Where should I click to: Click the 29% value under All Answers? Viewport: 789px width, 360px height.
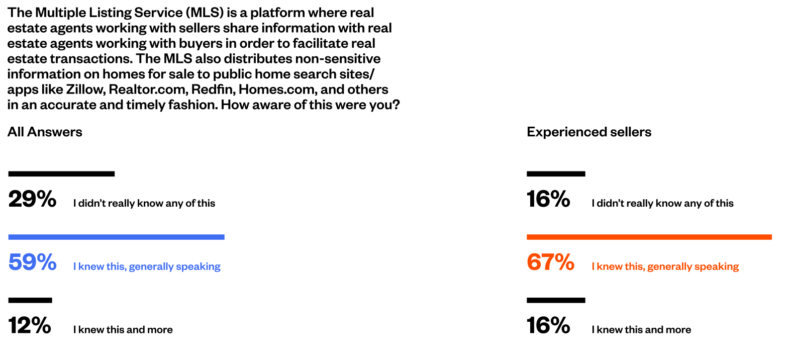tap(32, 199)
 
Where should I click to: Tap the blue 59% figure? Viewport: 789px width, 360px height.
tap(32, 262)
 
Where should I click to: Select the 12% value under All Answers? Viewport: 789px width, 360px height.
tap(29, 325)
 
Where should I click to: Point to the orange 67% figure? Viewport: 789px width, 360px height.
tap(550, 262)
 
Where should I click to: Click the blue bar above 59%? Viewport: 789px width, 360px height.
tap(116, 237)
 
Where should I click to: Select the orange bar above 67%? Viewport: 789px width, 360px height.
tap(649, 237)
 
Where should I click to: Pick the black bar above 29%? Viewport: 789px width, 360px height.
tap(61, 173)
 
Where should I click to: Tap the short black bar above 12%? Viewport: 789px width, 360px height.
tap(30, 300)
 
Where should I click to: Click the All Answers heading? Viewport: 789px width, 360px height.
tap(45, 132)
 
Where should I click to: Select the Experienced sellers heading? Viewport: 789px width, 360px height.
tap(589, 132)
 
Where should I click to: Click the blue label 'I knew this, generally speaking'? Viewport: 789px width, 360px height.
tap(147, 266)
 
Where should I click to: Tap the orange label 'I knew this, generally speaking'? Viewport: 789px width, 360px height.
tap(665, 266)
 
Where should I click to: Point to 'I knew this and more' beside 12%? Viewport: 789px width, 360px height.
tap(123, 330)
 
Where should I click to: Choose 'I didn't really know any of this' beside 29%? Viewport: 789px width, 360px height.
tap(144, 203)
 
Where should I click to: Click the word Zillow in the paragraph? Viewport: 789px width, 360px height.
tap(85, 89)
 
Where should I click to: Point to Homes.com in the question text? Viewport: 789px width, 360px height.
tap(278, 89)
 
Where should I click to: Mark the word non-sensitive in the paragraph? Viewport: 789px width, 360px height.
tap(338, 59)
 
